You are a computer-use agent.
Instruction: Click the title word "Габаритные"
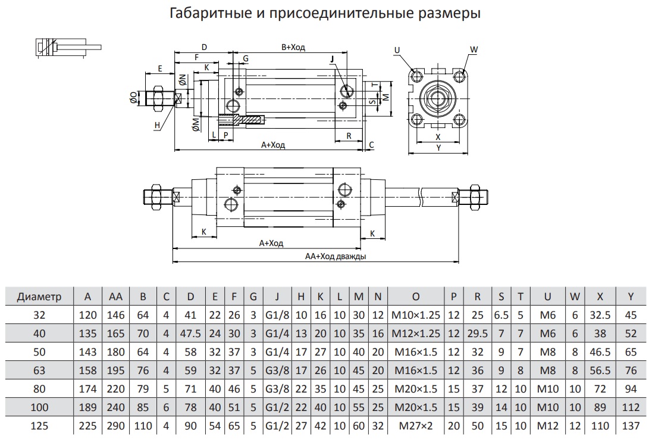pos(205,13)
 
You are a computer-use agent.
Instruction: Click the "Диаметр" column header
pos(39,296)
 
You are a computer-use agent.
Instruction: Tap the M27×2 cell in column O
pos(416,425)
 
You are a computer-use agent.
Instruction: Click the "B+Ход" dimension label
pos(293,48)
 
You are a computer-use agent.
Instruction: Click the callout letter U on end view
pos(397,51)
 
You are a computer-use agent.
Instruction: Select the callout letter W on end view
pos(474,49)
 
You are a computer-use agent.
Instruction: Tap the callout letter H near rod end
pos(157,125)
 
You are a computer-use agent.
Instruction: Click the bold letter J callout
pos(333,58)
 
